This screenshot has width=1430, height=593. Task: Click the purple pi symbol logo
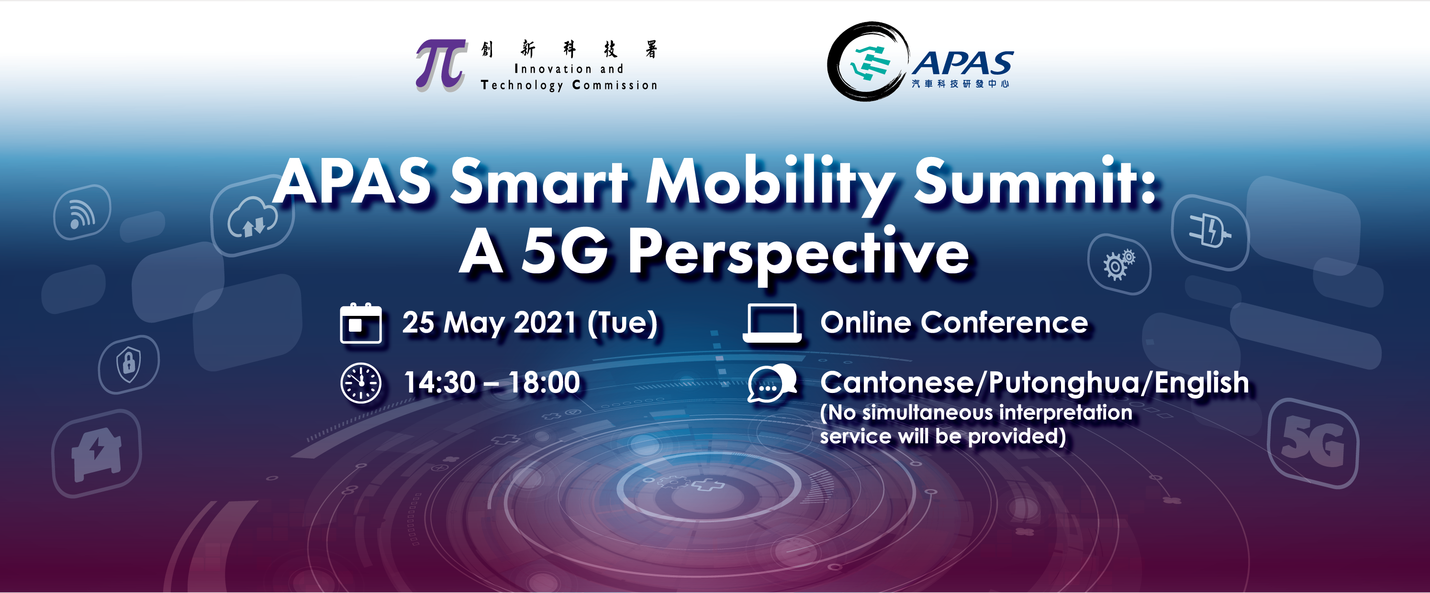click(440, 65)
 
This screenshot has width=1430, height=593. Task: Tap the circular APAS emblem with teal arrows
click(867, 62)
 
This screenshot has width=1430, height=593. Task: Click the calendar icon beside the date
click(361, 323)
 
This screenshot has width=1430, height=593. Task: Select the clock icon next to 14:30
click(361, 383)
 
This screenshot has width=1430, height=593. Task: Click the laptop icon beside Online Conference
click(771, 323)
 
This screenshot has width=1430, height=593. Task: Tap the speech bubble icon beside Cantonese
click(771, 383)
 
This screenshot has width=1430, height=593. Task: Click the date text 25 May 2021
click(489, 323)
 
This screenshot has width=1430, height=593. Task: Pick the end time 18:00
click(544, 382)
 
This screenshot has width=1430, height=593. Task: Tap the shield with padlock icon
click(129, 364)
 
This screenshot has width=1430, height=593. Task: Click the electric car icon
click(97, 454)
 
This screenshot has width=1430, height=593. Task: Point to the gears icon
click(1118, 265)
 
